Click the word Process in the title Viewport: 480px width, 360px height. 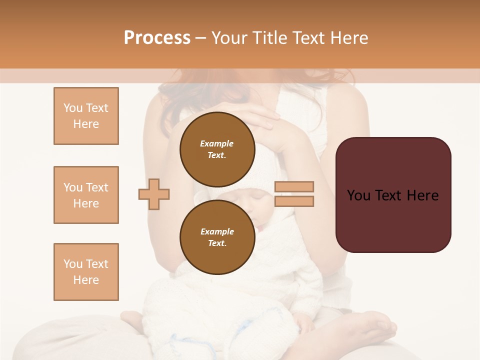pyautogui.click(x=157, y=38)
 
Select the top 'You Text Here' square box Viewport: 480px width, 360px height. pyautogui.click(x=86, y=116)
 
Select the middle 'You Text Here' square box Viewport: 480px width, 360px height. pyautogui.click(x=86, y=195)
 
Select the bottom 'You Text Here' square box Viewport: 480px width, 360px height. pyautogui.click(x=86, y=272)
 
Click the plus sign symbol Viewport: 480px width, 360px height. pyautogui.click(x=154, y=194)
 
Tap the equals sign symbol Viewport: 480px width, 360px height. pyautogui.click(x=294, y=194)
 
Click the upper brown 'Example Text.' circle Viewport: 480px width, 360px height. pyautogui.click(x=217, y=149)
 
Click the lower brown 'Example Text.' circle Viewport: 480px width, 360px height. pyautogui.click(x=217, y=237)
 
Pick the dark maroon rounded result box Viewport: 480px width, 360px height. pyautogui.click(x=393, y=195)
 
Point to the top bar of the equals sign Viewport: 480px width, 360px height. pyautogui.click(x=294, y=187)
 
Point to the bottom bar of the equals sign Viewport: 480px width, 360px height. pyautogui.click(x=294, y=201)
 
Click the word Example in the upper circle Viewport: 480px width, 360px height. pyautogui.click(x=217, y=143)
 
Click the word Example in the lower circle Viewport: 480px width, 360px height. pyautogui.click(x=217, y=231)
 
